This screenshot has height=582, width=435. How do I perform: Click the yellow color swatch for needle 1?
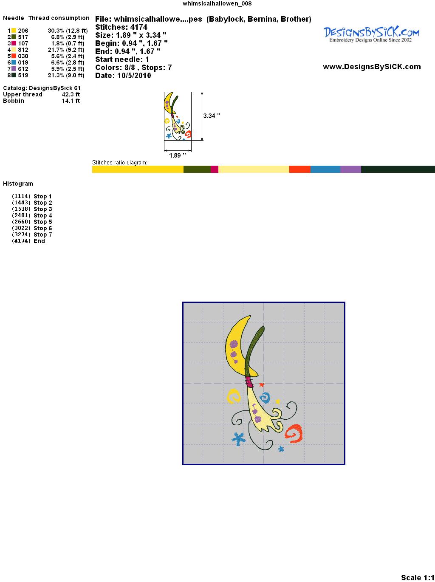(x=14, y=31)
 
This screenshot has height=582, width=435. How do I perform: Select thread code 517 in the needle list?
(x=23, y=37)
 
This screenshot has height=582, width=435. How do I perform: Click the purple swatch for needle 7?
(x=14, y=69)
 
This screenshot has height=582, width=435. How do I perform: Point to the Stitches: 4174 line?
(x=121, y=27)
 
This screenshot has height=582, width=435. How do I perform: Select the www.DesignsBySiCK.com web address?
(x=372, y=67)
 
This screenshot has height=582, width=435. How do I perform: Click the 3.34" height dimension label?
(x=212, y=116)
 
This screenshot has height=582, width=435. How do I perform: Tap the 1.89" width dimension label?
(x=178, y=155)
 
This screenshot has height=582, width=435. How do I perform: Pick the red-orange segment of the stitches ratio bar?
(x=300, y=169)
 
